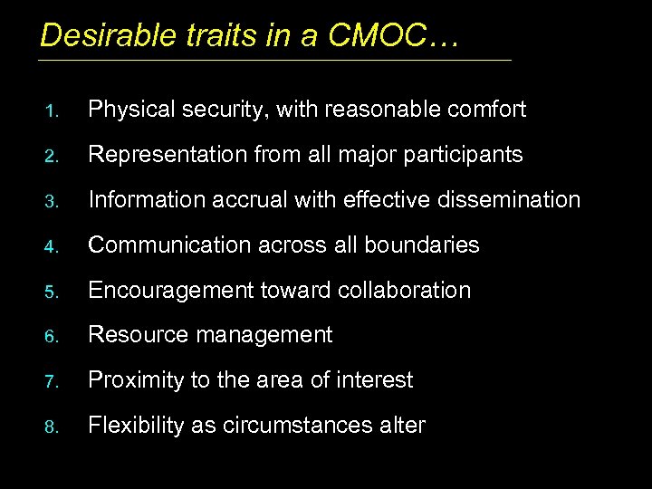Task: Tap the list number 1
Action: (53, 111)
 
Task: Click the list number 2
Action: (53, 157)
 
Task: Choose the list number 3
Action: (53, 201)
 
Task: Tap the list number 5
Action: (53, 292)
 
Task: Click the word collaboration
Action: (405, 290)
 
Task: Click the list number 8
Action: (53, 427)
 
